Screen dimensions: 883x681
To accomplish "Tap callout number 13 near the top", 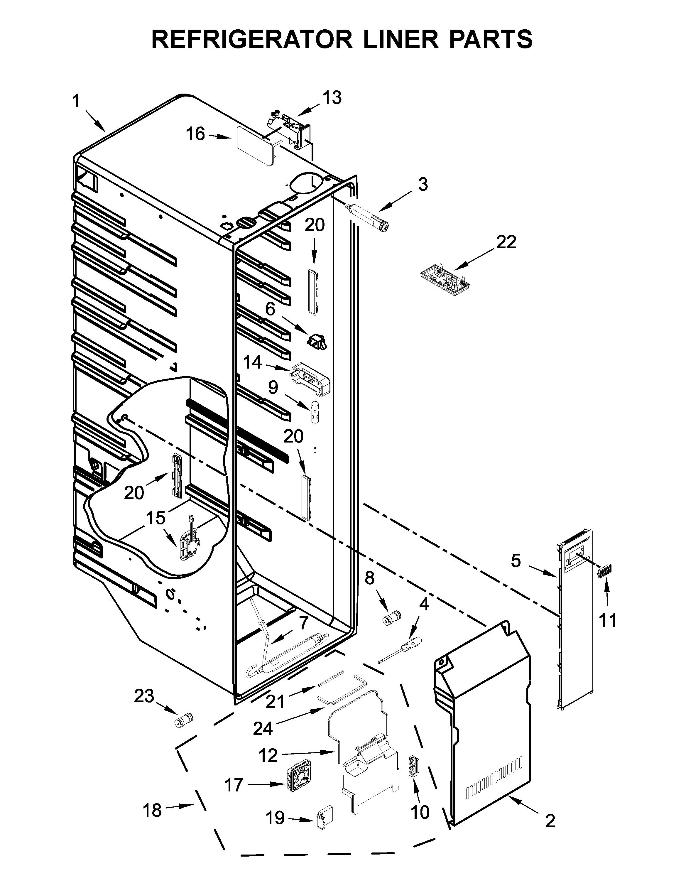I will click(332, 98).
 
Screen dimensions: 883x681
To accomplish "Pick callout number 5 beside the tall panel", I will click(516, 561).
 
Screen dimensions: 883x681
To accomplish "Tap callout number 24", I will click(263, 729).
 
